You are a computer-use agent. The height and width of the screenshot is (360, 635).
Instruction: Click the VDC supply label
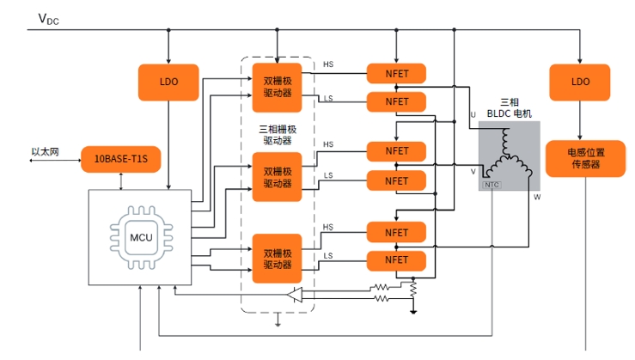coord(49,19)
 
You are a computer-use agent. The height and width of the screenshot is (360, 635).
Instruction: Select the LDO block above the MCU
coord(168,82)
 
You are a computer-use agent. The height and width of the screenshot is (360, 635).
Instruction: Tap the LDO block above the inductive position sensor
coord(579,82)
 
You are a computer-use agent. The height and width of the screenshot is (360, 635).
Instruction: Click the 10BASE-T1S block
coord(120,159)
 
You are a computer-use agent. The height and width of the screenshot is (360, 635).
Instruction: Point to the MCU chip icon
coord(141,237)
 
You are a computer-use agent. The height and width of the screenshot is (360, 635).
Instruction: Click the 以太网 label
coord(46,152)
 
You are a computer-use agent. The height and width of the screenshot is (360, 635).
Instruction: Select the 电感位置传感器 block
coord(586,158)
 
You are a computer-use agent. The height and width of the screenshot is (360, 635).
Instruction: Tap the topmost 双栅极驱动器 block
coord(277,88)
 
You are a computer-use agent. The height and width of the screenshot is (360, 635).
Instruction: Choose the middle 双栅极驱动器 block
coord(277,177)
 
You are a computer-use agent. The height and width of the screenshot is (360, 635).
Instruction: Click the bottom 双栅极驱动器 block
coord(277,259)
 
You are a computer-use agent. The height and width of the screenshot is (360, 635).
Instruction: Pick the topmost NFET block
coord(396,74)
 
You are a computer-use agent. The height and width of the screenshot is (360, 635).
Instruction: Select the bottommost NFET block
coord(396,261)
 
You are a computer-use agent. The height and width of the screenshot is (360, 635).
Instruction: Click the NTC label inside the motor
coord(492,185)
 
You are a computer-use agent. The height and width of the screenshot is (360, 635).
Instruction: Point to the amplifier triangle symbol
coord(295,295)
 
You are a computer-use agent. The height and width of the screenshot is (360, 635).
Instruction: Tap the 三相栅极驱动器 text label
coord(278,135)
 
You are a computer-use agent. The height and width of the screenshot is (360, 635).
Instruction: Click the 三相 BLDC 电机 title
coord(509,107)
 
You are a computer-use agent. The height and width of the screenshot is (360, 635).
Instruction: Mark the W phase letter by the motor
coord(537,198)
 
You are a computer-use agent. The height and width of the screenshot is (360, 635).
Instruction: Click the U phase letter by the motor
coord(473,114)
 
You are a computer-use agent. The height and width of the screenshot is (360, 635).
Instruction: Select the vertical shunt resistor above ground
coord(413,289)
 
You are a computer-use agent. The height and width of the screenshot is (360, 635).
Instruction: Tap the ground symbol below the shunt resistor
coord(413,312)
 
